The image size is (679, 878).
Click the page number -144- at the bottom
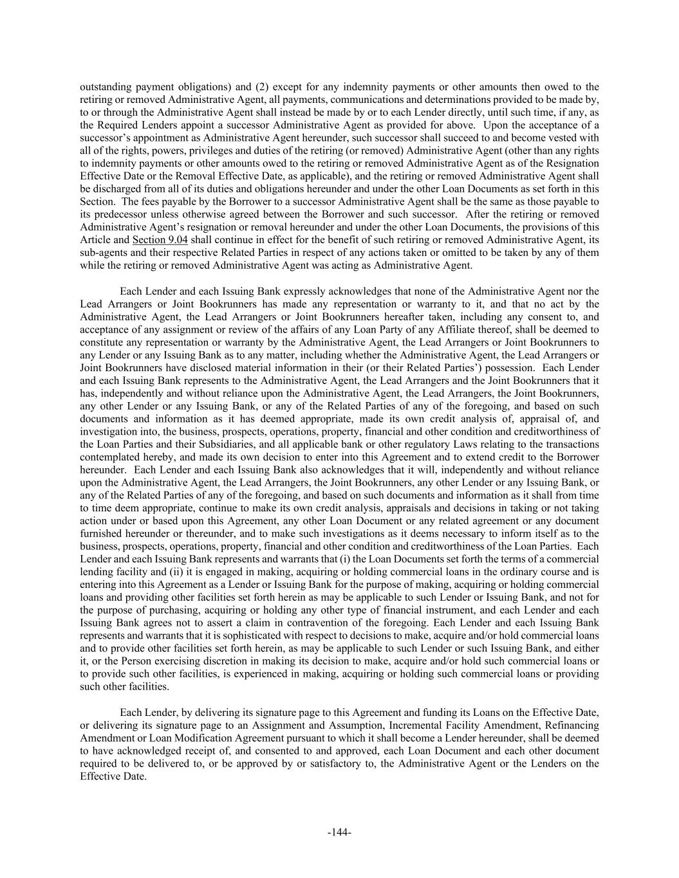[x=339, y=833]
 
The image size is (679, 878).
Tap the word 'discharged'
[x=116, y=189]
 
